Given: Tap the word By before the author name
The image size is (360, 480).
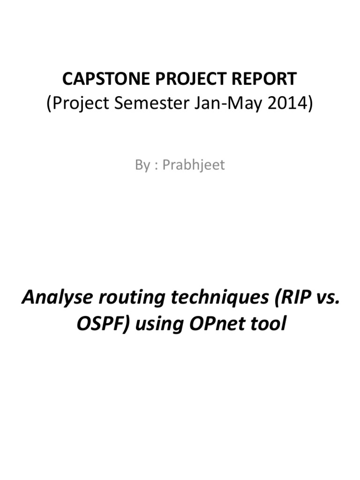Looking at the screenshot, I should [142, 165].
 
